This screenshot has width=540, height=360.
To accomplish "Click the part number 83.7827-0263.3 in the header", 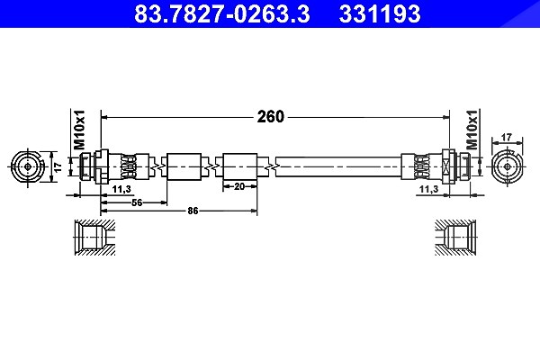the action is click(x=221, y=13).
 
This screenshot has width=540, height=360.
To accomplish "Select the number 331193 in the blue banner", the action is click(x=380, y=13).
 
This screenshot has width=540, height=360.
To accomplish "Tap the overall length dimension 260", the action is click(x=271, y=117).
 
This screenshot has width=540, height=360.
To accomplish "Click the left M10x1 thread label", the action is click(x=79, y=130).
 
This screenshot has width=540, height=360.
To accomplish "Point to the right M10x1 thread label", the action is click(x=472, y=130).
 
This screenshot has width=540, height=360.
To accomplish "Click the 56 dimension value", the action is click(x=137, y=202).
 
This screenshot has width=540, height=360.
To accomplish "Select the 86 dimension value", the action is click(x=193, y=211).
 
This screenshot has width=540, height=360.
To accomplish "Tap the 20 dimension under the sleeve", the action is click(x=239, y=186).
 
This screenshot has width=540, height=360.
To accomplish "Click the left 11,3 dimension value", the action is click(x=121, y=189).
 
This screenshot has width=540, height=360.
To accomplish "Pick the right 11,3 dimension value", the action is click(x=428, y=189).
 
